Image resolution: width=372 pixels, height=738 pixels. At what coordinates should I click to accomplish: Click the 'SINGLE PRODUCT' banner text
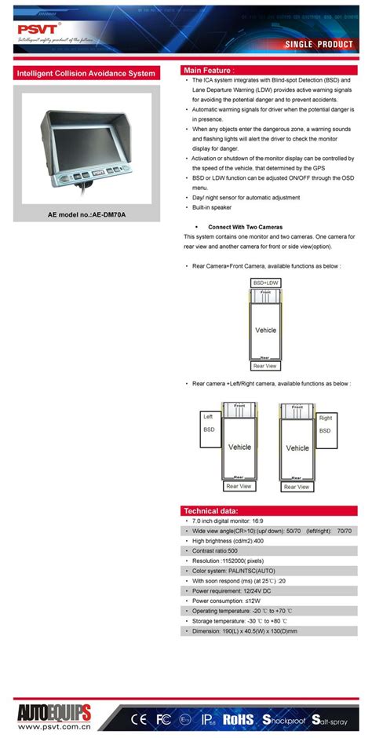coord(319,45)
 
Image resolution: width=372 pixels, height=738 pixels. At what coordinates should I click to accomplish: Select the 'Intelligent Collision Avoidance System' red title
coord(86,74)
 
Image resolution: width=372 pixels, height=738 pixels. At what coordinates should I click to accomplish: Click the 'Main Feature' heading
coord(209,70)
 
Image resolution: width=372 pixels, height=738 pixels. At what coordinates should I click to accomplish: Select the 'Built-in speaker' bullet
coord(212,207)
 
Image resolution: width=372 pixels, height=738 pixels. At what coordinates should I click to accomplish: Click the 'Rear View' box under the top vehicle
coord(265,365)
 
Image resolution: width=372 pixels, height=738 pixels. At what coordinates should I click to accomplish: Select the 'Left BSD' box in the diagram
coord(209,423)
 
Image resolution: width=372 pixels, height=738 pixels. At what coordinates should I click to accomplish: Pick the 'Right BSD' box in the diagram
coord(326,423)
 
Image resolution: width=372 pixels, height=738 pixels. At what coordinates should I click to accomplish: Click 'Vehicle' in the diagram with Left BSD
coord(239,447)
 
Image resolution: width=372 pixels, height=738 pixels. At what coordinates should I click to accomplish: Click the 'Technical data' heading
coord(210,510)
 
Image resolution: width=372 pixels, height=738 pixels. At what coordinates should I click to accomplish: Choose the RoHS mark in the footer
coord(237,718)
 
